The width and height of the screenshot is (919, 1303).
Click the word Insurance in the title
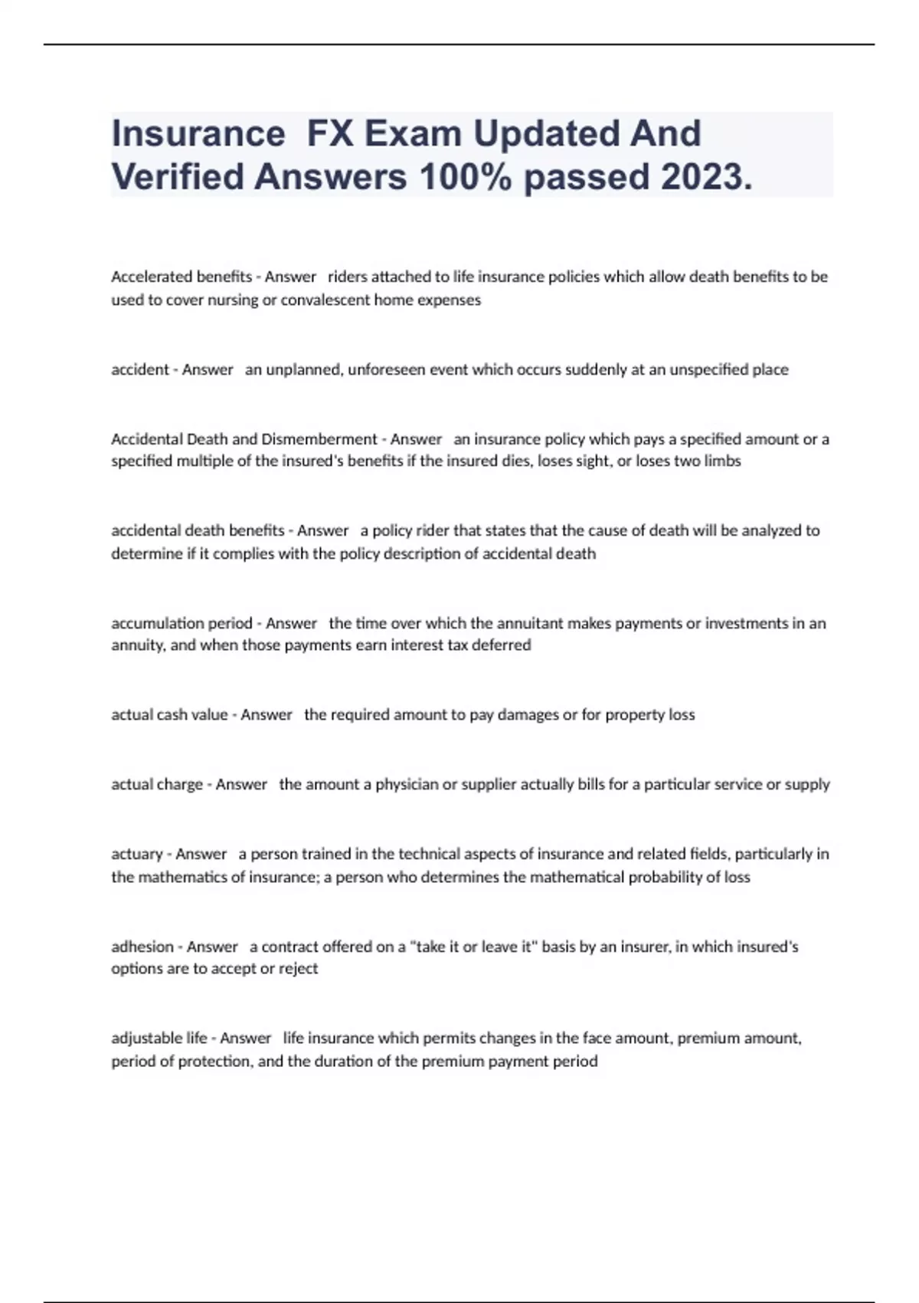pos(198,134)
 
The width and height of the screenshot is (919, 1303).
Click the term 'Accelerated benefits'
pos(182,277)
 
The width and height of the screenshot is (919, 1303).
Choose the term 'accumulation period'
pos(182,623)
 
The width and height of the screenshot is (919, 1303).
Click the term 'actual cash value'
pos(169,714)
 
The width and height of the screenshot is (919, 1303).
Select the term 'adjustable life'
pos(159,1039)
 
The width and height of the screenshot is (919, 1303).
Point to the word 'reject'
pos(298,969)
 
